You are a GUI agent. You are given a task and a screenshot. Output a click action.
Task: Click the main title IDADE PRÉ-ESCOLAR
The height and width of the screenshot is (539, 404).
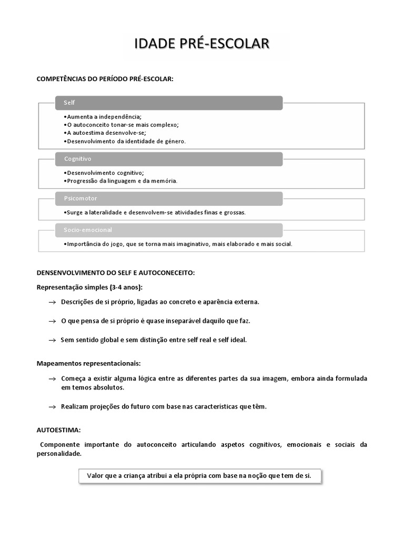pyautogui.click(x=202, y=44)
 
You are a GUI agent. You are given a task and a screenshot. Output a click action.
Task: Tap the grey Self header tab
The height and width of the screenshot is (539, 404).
pyautogui.click(x=169, y=103)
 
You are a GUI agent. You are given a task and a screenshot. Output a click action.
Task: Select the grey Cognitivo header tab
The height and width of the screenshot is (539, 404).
pyautogui.click(x=169, y=158)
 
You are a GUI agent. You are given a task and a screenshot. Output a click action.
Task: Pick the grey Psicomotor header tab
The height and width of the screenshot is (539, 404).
pyautogui.click(x=169, y=198)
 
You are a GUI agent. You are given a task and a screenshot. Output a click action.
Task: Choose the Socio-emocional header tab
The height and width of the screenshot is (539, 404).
pyautogui.click(x=169, y=230)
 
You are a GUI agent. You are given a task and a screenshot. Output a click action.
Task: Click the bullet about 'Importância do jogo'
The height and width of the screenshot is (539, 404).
pyautogui.click(x=177, y=244)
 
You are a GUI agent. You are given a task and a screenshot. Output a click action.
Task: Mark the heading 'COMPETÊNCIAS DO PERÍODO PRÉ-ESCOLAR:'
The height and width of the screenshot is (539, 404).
pyautogui.click(x=105, y=78)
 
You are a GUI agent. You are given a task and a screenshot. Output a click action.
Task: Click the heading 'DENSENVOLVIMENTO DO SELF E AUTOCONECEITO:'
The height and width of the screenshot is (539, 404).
pyautogui.click(x=116, y=273)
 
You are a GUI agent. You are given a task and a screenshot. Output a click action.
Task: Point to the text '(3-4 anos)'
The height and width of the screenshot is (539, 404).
pyautogui.click(x=127, y=287)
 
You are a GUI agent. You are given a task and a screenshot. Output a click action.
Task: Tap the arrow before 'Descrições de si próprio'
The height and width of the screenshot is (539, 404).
pyautogui.click(x=52, y=302)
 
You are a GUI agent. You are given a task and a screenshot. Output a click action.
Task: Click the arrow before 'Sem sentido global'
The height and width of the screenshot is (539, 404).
pyautogui.click(x=52, y=340)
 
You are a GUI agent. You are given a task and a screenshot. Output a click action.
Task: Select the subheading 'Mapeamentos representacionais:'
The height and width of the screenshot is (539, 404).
pyautogui.click(x=88, y=363)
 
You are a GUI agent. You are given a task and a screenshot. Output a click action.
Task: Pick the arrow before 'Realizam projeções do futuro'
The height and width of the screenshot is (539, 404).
pyautogui.click(x=52, y=407)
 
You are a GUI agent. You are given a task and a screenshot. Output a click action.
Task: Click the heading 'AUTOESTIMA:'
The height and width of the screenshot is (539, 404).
pyautogui.click(x=58, y=430)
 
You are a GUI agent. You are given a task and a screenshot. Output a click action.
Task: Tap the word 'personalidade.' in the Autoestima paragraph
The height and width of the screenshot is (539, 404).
pyautogui.click(x=59, y=453)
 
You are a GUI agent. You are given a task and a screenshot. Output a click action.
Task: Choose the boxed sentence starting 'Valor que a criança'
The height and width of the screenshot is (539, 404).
pyautogui.click(x=199, y=476)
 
